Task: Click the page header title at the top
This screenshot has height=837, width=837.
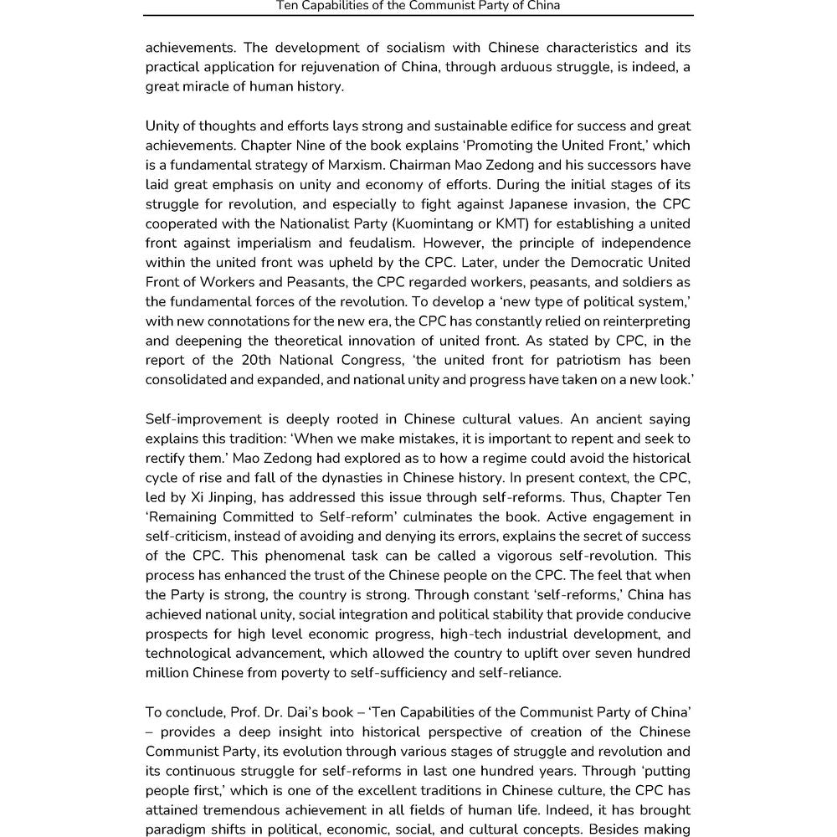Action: [x=418, y=6]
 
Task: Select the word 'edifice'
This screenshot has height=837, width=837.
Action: [x=491, y=126]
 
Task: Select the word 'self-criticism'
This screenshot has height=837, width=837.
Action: [x=185, y=536]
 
